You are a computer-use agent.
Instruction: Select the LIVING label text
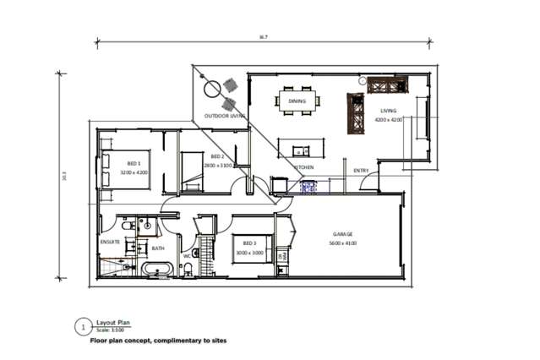389,111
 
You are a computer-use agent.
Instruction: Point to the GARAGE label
342,234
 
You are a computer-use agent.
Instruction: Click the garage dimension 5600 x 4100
342,243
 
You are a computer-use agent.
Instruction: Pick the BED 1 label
134,163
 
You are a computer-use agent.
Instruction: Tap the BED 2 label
217,157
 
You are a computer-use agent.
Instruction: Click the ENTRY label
361,172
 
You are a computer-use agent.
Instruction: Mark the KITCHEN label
303,167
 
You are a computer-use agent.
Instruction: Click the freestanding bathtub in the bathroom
157,269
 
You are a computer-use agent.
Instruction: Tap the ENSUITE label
111,242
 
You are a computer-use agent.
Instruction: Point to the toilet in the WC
188,269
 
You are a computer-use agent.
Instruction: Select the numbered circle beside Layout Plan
83,325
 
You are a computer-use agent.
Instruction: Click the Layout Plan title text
113,322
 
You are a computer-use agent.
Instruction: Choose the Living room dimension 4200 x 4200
389,120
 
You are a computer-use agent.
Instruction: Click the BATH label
158,248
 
